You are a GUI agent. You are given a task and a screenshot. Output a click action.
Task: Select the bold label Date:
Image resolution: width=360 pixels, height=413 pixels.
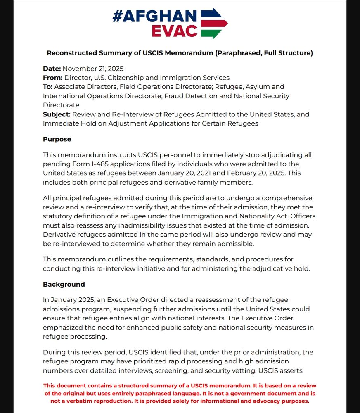52,69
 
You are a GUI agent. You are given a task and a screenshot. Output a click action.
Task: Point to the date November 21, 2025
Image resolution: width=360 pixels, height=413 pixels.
93,69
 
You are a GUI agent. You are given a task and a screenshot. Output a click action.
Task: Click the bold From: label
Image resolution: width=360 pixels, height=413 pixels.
53,78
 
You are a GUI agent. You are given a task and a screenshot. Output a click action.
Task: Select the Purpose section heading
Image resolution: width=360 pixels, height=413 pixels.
57,139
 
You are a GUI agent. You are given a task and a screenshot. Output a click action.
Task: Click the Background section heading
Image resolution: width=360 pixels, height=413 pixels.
64,284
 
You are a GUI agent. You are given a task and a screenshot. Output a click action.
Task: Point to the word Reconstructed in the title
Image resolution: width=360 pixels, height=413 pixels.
72,53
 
